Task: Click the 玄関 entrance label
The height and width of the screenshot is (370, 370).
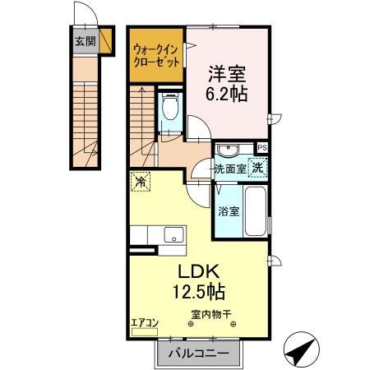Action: click(x=85, y=41)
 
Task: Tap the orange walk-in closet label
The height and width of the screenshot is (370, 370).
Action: click(x=155, y=56)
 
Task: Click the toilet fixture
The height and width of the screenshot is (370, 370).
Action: click(x=171, y=108)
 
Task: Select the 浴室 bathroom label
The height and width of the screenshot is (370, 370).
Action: click(x=229, y=211)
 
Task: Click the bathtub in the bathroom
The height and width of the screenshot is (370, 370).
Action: click(x=254, y=211)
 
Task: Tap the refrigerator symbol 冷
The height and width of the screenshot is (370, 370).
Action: click(x=141, y=182)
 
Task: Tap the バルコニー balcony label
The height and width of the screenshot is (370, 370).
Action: click(x=197, y=353)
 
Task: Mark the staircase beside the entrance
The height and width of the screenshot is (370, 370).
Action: click(x=85, y=123)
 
